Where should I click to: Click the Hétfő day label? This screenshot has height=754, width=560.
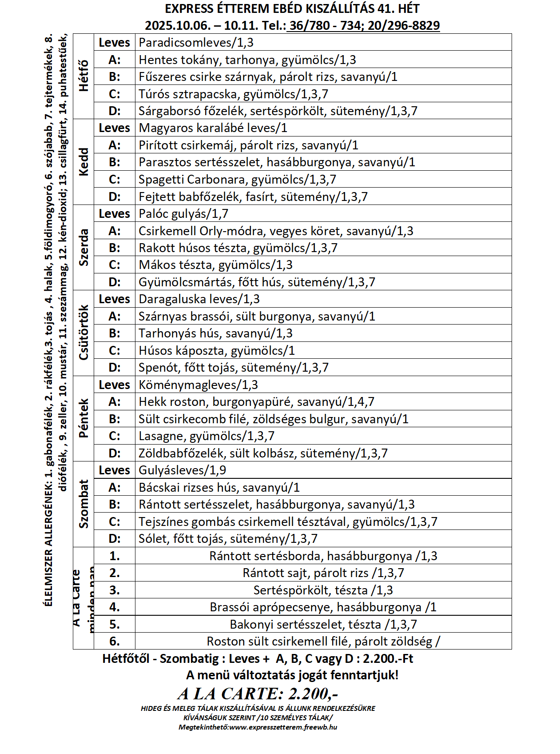tap(83, 76)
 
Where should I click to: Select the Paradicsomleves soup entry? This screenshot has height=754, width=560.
tap(196, 43)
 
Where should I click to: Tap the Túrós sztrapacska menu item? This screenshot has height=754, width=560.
tap(233, 94)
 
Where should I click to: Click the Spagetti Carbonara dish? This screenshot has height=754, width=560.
tap(237, 180)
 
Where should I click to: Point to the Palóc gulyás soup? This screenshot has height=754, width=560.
tap(183, 214)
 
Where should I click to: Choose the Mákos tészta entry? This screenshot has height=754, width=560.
tap(215, 265)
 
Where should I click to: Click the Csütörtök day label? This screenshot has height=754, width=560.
tap(83, 333)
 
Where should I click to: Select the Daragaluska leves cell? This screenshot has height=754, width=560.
tap(199, 299)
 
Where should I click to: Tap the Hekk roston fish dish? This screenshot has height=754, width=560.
tap(256, 402)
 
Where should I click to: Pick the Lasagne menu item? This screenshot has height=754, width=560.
tap(207, 436)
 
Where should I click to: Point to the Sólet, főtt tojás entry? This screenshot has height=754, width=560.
tap(228, 539)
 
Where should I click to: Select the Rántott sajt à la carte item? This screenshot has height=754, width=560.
tap(323, 573)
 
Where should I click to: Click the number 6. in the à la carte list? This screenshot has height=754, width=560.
tap(115, 642)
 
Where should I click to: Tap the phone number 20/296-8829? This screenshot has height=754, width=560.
tap(404, 26)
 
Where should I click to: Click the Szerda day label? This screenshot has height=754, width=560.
tap(83, 247)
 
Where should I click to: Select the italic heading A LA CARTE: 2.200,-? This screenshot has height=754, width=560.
tap(258, 694)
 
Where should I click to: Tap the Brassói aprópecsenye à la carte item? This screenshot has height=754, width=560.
tap(323, 607)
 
